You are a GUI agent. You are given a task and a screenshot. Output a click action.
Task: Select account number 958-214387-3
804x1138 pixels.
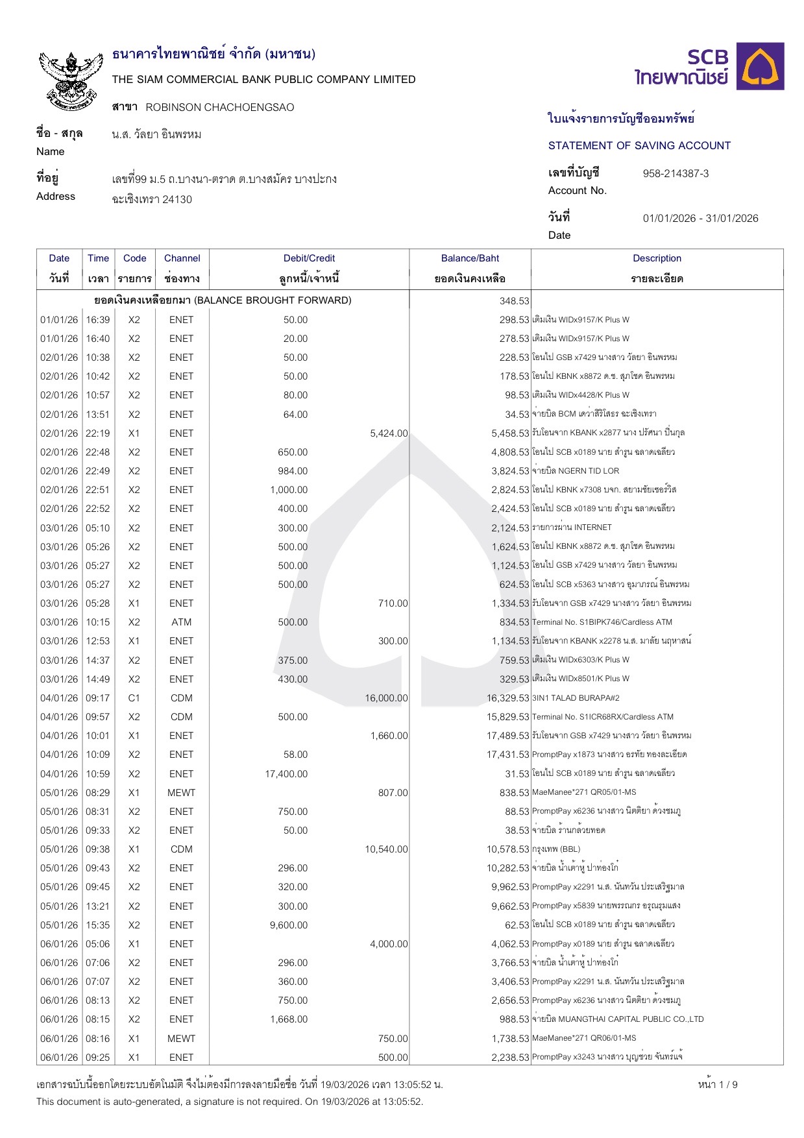pyautogui.click(x=676, y=173)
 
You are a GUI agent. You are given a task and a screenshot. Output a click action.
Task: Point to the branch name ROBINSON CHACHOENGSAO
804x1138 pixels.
pyautogui.click(x=219, y=107)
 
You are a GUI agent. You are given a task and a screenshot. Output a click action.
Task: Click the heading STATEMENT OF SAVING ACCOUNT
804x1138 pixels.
pyautogui.click(x=639, y=145)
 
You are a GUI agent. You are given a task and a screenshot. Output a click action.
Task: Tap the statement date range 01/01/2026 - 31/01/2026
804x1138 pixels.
pyautogui.click(x=700, y=218)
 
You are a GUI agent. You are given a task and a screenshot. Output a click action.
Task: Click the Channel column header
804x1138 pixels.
pyautogui.click(x=182, y=258)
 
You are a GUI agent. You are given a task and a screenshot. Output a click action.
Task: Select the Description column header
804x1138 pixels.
pyautogui.click(x=657, y=258)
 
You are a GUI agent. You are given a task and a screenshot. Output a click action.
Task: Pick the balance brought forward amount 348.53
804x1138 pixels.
pyautogui.click(x=514, y=301)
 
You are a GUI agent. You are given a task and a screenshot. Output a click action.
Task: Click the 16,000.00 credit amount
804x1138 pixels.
pyautogui.click(x=386, y=698)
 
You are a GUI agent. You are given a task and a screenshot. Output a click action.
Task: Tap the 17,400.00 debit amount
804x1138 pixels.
pyautogui.click(x=286, y=774)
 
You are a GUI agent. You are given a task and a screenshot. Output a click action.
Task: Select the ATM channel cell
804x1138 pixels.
pyautogui.click(x=182, y=622)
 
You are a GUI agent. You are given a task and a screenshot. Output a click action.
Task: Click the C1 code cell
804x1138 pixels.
pyautogui.click(x=134, y=698)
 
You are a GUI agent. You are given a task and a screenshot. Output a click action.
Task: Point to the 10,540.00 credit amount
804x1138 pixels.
pyautogui.click(x=386, y=849)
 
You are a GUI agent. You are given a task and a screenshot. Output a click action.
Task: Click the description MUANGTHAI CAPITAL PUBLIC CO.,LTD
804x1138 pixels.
pyautogui.click(x=618, y=1019)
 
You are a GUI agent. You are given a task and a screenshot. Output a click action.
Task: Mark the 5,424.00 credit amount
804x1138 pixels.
pyautogui.click(x=389, y=433)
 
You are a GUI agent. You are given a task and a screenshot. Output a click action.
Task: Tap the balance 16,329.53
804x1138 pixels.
pyautogui.click(x=507, y=698)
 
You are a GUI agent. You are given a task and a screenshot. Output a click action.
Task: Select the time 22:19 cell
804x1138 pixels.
pyautogui.click(x=98, y=433)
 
